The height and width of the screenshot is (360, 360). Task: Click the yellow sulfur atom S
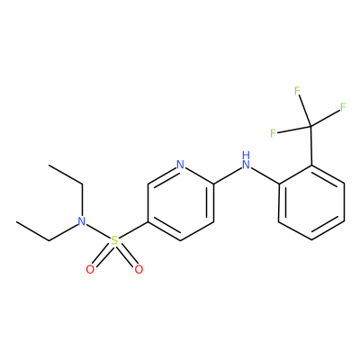click(114, 240)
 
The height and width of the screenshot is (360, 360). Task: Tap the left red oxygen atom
click(90, 269)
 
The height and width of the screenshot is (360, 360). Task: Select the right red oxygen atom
click(139, 269)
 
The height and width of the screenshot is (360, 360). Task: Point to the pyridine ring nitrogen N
click(180, 165)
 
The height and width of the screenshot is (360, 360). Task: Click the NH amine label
click(246, 160)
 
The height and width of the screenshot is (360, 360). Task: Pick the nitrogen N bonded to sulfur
click(81, 221)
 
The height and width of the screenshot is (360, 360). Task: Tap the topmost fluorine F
click(297, 91)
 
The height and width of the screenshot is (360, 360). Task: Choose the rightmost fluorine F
click(343, 107)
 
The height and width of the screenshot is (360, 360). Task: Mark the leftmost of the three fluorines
click(273, 133)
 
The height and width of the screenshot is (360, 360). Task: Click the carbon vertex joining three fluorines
click(310, 126)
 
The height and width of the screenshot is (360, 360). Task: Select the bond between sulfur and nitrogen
click(98, 231)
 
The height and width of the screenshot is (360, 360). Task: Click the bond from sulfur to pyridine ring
click(133, 231)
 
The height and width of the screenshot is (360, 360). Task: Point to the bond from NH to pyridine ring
click(227, 175)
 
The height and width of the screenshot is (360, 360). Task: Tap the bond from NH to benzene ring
click(265, 175)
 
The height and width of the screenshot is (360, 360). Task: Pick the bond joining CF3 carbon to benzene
click(311, 145)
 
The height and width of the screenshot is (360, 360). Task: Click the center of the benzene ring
click(311, 202)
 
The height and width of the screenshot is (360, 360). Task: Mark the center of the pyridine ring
click(181, 202)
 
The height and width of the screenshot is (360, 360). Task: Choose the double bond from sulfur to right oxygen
click(126, 255)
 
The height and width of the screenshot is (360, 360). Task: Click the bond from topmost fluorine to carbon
click(304, 109)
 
